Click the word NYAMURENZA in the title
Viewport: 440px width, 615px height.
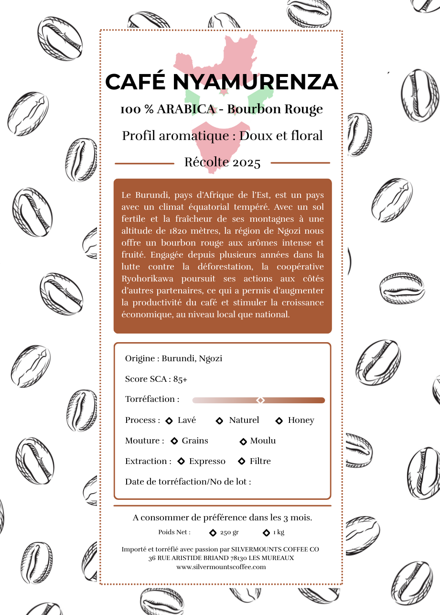tap(255, 82)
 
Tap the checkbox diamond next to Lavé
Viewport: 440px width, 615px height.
tap(169, 421)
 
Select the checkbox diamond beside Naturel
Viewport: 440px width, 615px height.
tap(220, 421)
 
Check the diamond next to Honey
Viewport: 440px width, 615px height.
tap(279, 421)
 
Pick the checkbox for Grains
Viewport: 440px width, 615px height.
tap(174, 441)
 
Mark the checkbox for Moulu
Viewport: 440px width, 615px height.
tap(243, 442)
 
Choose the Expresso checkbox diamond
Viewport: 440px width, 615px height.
tap(181, 462)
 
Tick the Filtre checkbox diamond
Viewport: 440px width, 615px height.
tap(241, 462)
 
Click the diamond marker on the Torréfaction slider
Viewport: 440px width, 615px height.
tap(260, 400)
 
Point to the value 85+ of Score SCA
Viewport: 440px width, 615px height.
tap(180, 379)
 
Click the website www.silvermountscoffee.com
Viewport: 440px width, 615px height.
tap(221, 567)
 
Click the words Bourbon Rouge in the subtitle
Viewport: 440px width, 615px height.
tap(275, 109)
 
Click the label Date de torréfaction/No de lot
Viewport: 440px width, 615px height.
tap(188, 482)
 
